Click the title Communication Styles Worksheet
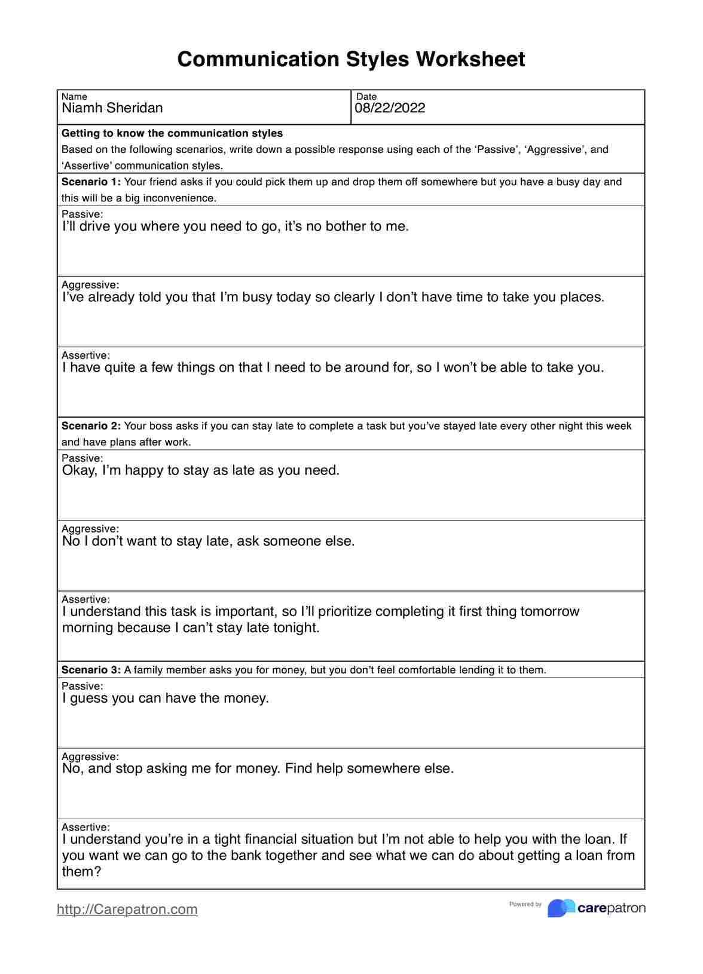pos(351,59)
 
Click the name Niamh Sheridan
pos(112,108)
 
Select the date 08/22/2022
pos(390,108)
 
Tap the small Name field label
pos(74,97)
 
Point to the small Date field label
pos(366,97)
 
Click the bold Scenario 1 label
pos(91,182)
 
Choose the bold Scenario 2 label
pos(91,426)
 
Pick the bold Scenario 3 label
pos(91,670)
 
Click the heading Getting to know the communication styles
pos(172,133)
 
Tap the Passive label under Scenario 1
pos(82,214)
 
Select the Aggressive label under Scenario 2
pos(90,529)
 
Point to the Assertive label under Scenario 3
pos(85,827)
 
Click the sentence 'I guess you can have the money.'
pos(166,698)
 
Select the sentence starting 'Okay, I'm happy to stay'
pos(201,470)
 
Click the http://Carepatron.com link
pos(127,909)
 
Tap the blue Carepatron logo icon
pos(561,908)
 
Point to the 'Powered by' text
pos(525,904)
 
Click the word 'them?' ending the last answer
pos(82,871)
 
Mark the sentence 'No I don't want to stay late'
pos(209,541)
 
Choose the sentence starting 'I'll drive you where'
pos(236,226)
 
